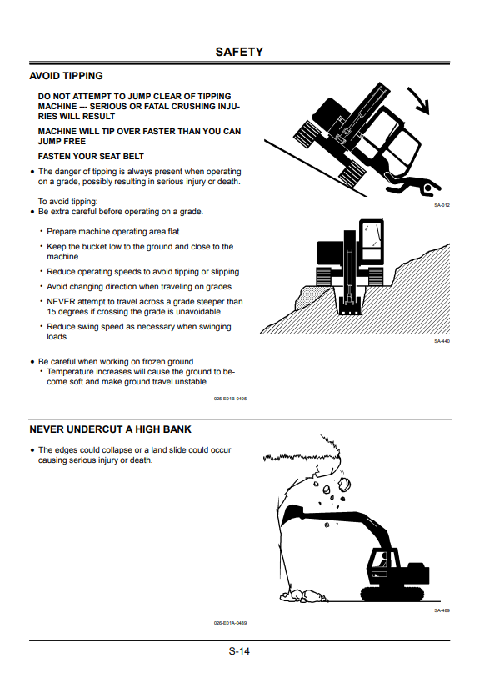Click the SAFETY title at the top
tap(239, 52)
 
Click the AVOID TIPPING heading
tap(66, 76)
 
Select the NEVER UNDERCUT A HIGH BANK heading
tap(111, 429)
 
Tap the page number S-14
tap(239, 651)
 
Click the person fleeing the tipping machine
tap(413, 184)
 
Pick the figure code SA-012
tap(442, 205)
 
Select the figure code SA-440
tap(442, 341)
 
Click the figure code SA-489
tap(442, 610)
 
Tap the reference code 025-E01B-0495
tap(230, 399)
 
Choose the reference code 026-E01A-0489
tap(230, 623)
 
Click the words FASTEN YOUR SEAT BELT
tap(91, 157)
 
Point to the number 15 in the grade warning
tap(52, 312)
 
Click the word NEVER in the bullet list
tap(61, 302)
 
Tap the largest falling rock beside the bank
tap(344, 484)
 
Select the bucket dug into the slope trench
tap(349, 304)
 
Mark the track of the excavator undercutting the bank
tap(392, 593)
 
